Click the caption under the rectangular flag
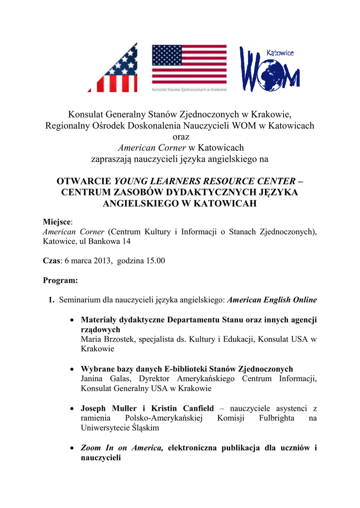(x=189, y=90)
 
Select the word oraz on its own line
(x=180, y=136)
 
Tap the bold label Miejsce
(x=57, y=222)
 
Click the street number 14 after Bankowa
(x=127, y=241)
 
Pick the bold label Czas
(x=51, y=260)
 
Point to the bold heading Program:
(x=61, y=280)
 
